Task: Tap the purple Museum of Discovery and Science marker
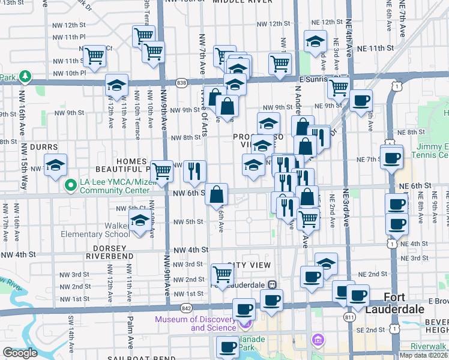245,324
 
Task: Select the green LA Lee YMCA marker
71,185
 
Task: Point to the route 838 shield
181,82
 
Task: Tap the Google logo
19,353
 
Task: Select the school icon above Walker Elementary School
140,222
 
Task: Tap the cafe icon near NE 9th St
361,101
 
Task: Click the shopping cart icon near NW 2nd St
223,275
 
